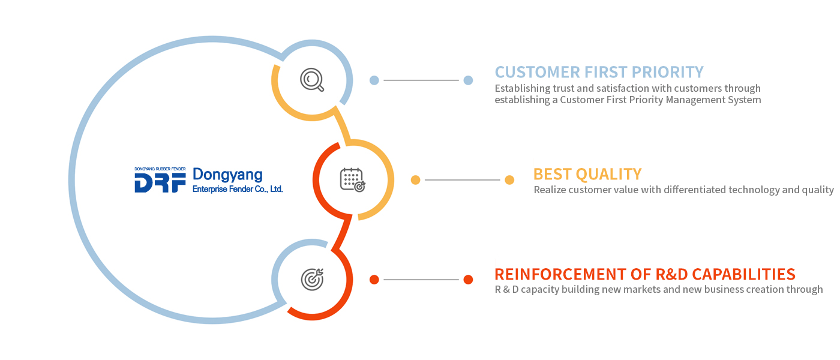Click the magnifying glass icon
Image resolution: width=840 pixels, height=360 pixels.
point(311,80)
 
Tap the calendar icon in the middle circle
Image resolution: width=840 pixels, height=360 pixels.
point(353,180)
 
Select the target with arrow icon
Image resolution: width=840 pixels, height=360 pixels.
point(313,280)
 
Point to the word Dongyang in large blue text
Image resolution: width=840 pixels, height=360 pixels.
point(227,175)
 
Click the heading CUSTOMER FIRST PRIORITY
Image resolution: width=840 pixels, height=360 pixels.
point(599,72)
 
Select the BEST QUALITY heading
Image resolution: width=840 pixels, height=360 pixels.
point(587,174)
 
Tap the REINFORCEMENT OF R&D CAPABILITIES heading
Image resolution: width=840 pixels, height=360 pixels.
point(644,274)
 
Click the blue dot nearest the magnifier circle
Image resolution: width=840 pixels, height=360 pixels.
point(374,80)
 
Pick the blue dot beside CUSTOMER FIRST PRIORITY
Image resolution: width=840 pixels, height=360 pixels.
point(468,80)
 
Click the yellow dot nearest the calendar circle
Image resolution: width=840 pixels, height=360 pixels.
point(415,180)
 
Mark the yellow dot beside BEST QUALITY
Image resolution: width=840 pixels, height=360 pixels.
point(509,180)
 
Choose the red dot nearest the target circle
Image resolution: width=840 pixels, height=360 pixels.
point(374,280)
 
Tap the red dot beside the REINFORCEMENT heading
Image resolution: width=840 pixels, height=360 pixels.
point(468,280)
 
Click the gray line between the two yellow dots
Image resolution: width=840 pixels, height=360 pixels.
point(463,180)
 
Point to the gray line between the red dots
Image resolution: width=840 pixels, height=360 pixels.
point(421,280)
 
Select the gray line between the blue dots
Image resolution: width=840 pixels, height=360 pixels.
point(421,80)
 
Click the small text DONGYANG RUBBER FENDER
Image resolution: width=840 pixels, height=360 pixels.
point(160,169)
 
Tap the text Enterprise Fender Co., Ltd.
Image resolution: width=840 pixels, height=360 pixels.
point(238,189)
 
